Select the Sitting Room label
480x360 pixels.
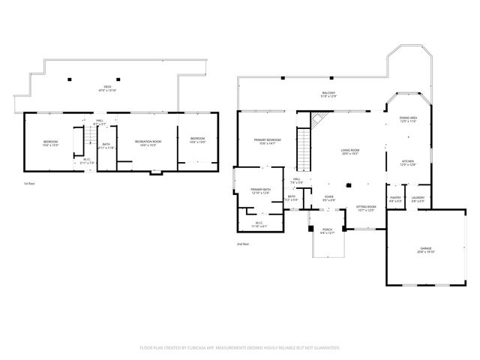coord(365,208)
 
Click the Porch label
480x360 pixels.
coord(327,231)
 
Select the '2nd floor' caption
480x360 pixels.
coord(243,244)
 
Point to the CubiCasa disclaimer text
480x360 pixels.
coord(240,347)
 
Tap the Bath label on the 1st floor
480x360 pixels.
coord(106,146)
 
